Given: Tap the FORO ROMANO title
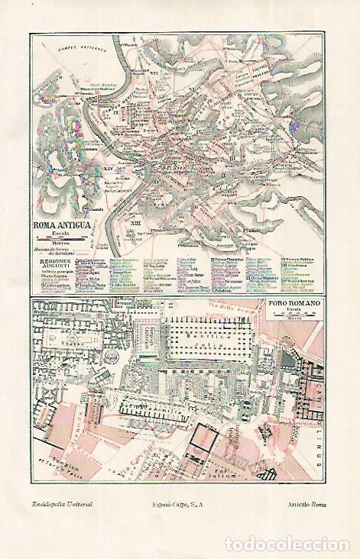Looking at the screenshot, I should click(294, 304).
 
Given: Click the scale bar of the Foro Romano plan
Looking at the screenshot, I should click(294, 315).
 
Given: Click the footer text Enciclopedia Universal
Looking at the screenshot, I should click(63, 505).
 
